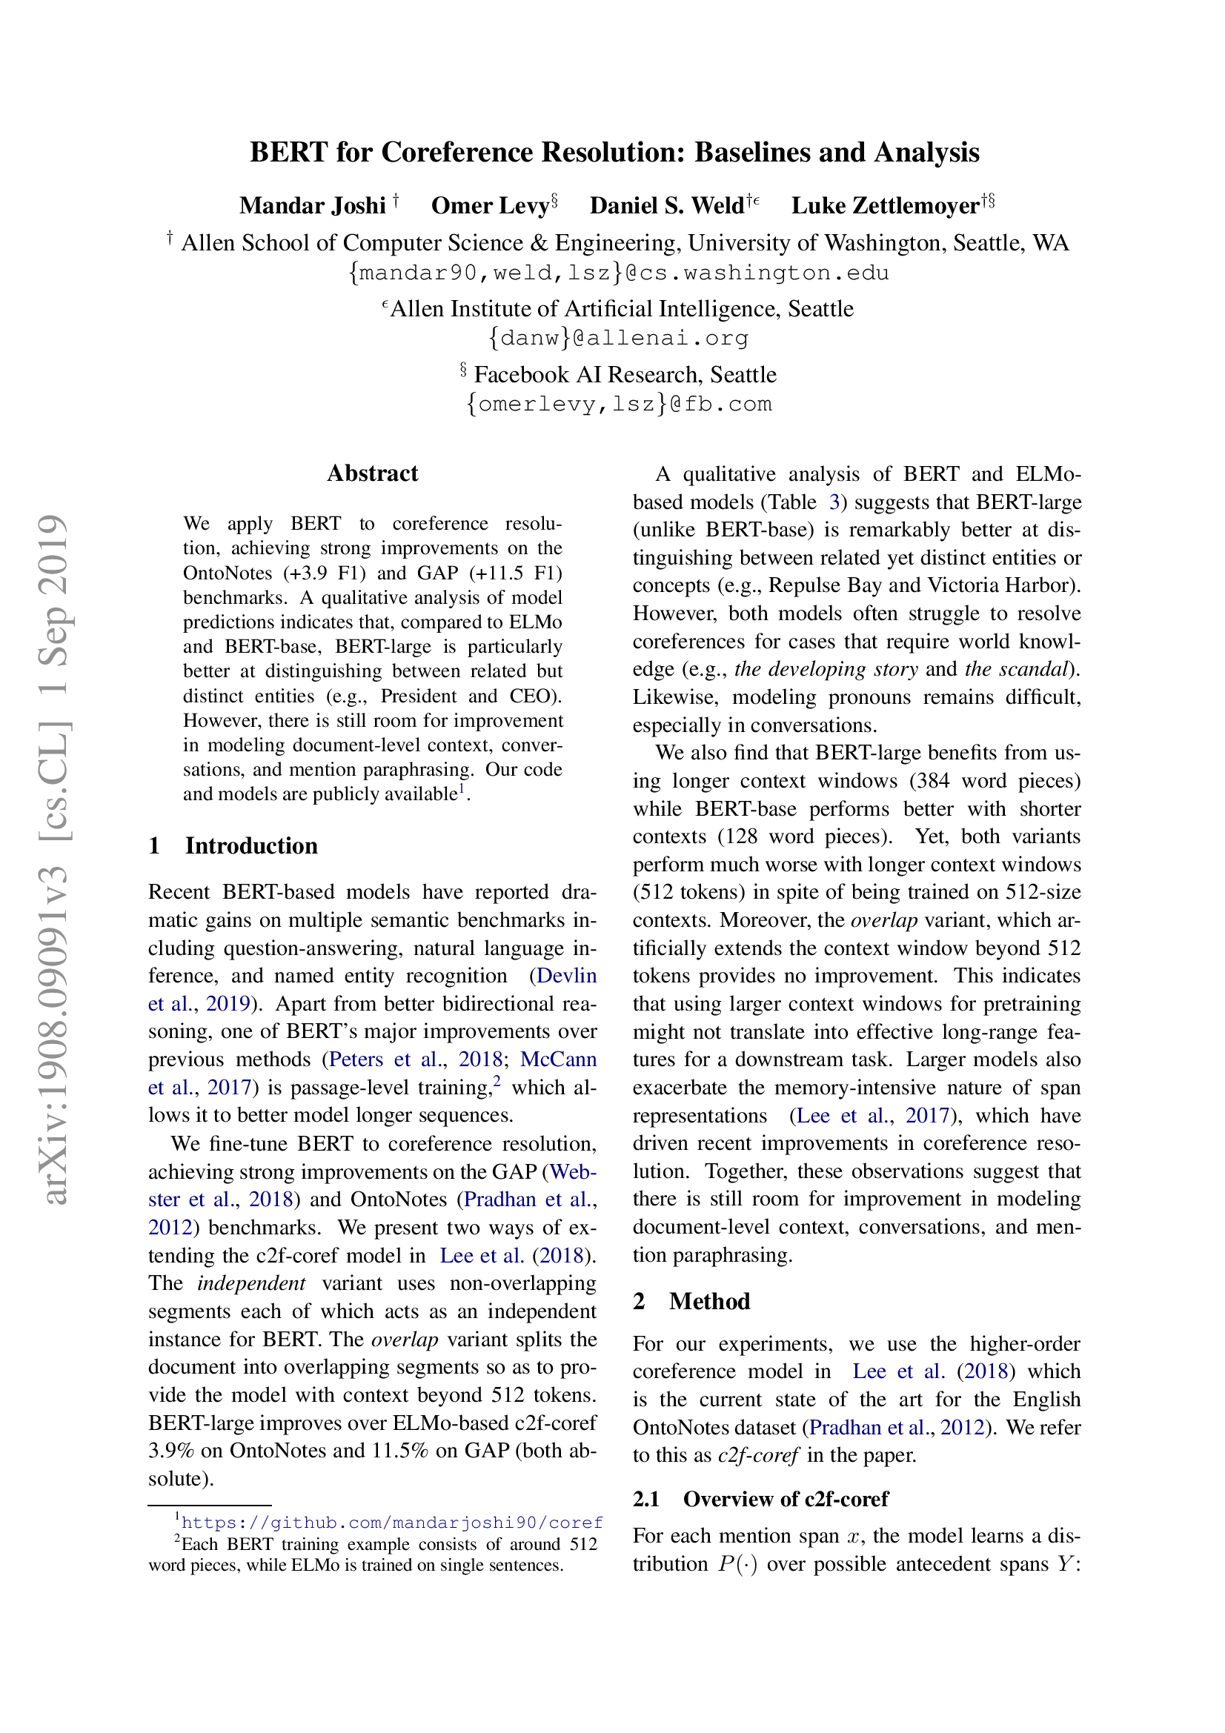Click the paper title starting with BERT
pos(614,153)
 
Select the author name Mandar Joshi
pos(313,205)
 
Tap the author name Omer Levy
pos(490,205)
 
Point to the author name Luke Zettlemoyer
pos(885,205)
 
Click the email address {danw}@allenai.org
pos(618,337)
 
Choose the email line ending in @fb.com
pos(618,404)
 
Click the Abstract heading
pos(372,473)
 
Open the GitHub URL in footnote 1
pos(392,1523)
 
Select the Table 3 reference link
pos(834,502)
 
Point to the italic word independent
pos(250,1283)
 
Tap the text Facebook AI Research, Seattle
pos(624,374)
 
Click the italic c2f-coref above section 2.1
pos(757,1455)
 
